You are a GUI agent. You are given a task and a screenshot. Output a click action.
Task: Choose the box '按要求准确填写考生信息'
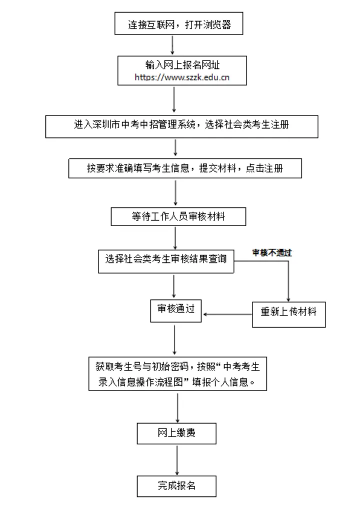coord(185,168)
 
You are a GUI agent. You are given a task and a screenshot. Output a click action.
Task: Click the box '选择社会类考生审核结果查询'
coord(166,260)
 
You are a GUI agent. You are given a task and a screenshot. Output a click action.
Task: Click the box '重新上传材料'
coord(288,313)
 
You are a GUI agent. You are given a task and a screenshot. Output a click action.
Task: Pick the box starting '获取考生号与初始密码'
coord(178,374)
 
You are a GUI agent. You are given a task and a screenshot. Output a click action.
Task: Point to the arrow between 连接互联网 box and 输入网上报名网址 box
coord(172,44)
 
